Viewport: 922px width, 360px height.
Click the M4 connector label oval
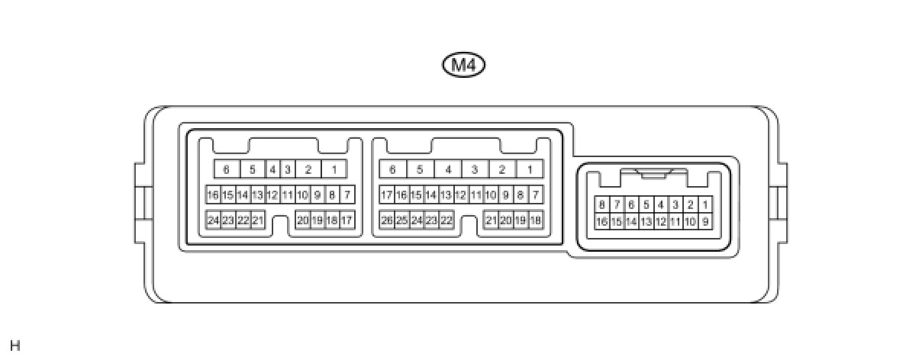pos(464,65)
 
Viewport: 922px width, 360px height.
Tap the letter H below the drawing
pos(15,346)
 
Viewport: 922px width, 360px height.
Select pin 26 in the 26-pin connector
pos(387,220)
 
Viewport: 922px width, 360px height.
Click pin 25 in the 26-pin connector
pos(401,220)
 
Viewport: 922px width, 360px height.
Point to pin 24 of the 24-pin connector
pos(213,220)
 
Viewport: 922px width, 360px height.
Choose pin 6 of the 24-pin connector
pos(226,169)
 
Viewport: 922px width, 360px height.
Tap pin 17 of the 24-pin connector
pos(347,220)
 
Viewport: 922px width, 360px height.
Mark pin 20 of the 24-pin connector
pos(303,220)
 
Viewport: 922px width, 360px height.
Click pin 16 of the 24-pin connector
pos(213,195)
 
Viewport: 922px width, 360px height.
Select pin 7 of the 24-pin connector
pos(347,195)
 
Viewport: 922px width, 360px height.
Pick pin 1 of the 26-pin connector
pos(529,169)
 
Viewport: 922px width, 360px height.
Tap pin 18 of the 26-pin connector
pos(536,220)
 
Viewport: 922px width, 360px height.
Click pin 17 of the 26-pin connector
pos(387,195)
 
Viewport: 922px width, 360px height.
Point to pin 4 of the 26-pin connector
pos(448,169)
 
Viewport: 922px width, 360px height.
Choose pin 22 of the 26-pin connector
pos(446,220)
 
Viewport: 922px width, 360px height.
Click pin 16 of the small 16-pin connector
pos(602,222)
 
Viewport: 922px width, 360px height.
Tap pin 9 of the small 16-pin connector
pos(705,222)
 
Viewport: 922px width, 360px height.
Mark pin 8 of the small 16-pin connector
pos(602,204)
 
